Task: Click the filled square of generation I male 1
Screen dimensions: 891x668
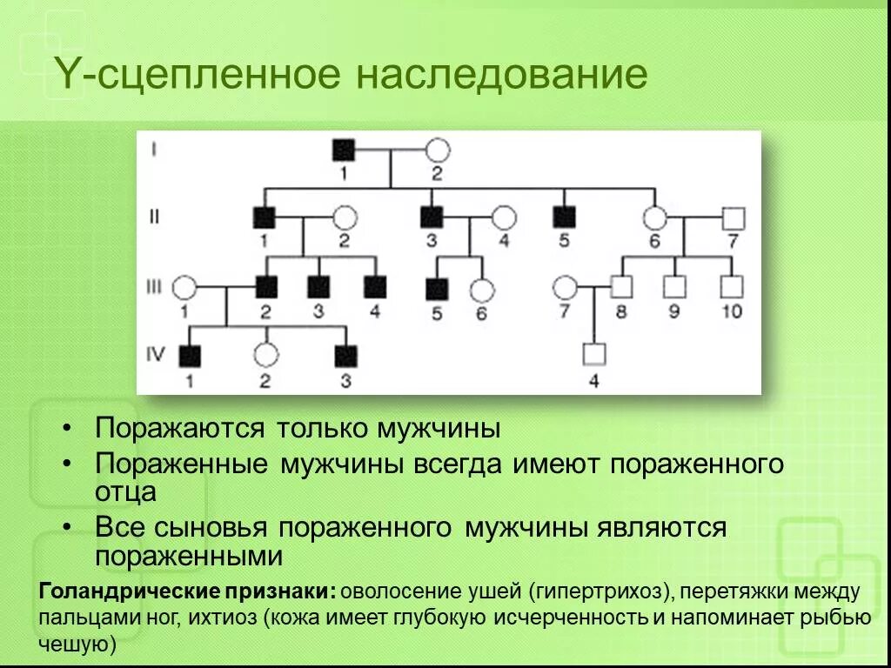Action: [x=343, y=150]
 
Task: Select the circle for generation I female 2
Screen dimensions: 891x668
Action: [x=436, y=150]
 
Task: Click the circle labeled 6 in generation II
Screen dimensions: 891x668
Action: [x=654, y=217]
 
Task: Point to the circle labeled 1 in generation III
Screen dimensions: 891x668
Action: [x=184, y=285]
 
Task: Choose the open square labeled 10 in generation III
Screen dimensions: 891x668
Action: [x=733, y=285]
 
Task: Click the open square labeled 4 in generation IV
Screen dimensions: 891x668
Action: [x=593, y=354]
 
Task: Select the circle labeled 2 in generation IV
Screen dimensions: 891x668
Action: [x=265, y=354]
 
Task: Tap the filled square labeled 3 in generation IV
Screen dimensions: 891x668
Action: [x=346, y=354]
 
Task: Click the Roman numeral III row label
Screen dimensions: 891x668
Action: [x=153, y=286]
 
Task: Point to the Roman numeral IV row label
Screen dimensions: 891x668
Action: [x=154, y=354]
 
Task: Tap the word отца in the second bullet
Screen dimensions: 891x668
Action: [x=126, y=491]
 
